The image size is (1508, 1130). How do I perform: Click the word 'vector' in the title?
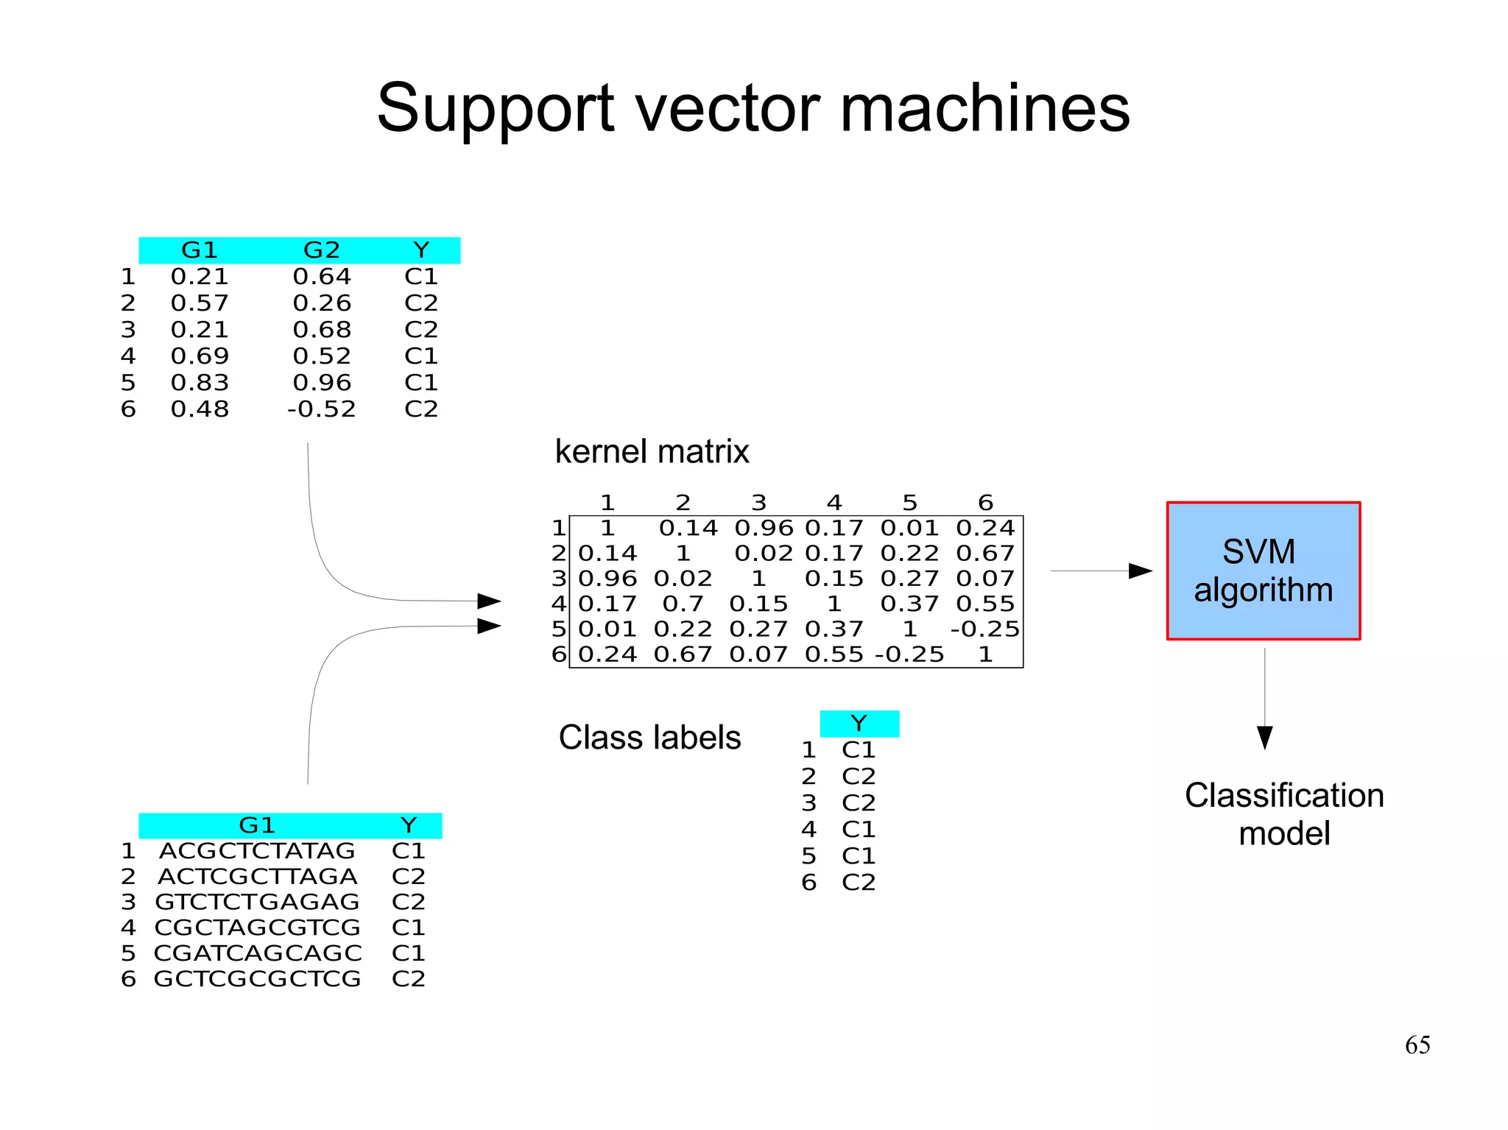[726, 108]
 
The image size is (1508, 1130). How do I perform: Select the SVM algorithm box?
[1263, 571]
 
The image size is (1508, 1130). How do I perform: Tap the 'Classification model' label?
[1283, 814]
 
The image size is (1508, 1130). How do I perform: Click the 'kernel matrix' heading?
[651, 451]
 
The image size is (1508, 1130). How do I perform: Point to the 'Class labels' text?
[649, 737]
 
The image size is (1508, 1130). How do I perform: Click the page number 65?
[1417, 1045]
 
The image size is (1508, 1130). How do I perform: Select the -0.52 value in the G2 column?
[322, 409]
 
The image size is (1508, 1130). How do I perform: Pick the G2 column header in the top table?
[322, 250]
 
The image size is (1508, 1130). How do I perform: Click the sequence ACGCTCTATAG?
[257, 851]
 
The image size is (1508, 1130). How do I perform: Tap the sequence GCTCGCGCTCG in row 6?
[257, 979]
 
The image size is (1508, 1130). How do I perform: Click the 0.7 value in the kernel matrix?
[683, 604]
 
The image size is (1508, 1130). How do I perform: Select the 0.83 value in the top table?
[200, 382]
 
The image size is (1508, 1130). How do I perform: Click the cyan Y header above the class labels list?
[859, 723]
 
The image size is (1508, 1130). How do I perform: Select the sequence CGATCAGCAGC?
[257, 953]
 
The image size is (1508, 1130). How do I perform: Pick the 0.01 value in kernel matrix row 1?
[909, 528]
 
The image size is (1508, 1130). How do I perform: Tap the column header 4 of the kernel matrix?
[834, 502]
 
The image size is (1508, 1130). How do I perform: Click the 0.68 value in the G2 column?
[322, 329]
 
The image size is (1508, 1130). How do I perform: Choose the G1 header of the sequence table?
[257, 824]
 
